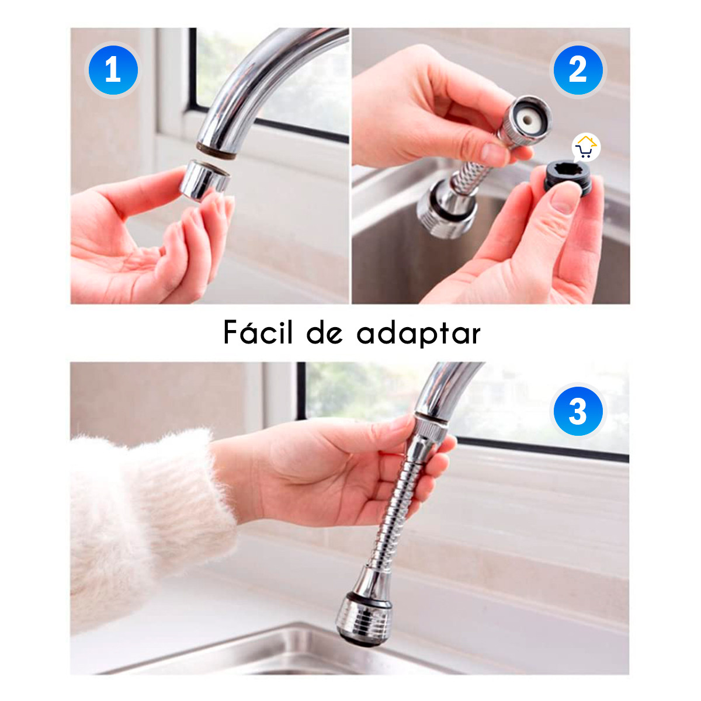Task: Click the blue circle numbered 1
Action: (113, 71)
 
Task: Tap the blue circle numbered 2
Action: (578, 71)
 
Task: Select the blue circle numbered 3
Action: (578, 411)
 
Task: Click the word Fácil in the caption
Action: (258, 333)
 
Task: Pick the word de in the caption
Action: (324, 333)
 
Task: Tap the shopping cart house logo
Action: (586, 148)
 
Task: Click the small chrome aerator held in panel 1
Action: (203, 179)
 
